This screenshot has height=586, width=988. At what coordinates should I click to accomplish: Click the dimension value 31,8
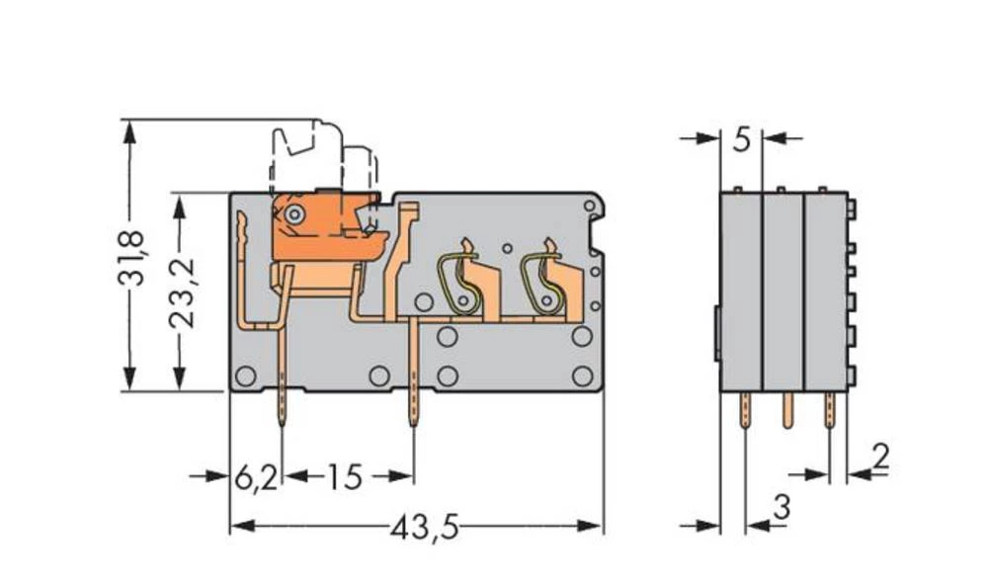(130, 258)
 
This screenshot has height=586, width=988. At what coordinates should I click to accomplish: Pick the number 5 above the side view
(743, 140)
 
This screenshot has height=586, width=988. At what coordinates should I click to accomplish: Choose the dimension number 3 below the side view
(781, 509)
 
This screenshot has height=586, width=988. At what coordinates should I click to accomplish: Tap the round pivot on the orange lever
(293, 215)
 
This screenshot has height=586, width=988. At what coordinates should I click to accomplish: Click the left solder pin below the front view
(284, 407)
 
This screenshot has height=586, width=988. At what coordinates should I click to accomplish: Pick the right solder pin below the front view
(412, 407)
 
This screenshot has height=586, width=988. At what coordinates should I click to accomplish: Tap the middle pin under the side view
(787, 409)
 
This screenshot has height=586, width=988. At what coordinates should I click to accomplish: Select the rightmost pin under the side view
(831, 409)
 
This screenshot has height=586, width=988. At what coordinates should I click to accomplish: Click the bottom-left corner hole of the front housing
(245, 376)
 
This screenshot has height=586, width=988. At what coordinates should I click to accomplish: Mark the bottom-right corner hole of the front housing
(582, 376)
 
